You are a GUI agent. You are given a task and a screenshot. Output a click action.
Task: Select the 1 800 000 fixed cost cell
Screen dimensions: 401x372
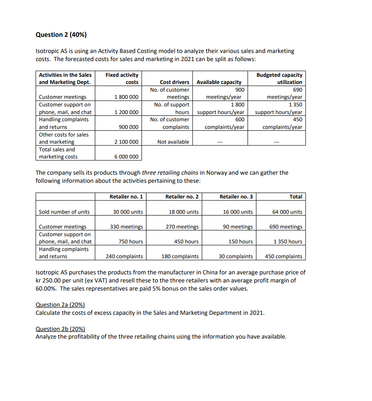click(x=126, y=97)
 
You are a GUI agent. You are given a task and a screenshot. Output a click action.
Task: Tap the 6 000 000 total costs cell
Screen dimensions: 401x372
click(x=126, y=157)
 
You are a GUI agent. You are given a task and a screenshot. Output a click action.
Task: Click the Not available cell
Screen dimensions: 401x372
click(x=173, y=142)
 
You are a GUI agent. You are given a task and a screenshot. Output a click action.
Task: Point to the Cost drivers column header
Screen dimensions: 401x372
click(x=174, y=82)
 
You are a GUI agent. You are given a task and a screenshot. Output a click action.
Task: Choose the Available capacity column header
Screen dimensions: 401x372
click(x=219, y=82)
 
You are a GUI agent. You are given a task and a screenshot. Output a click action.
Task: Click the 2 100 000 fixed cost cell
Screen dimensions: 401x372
click(x=126, y=142)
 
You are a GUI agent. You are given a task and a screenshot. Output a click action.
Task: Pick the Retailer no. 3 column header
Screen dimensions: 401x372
click(x=236, y=197)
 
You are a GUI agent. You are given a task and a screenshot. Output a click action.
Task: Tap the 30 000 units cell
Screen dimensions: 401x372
click(x=128, y=212)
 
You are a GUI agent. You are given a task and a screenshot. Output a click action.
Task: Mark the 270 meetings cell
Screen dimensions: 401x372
click(x=182, y=227)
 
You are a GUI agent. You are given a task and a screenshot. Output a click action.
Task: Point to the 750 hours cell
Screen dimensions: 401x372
click(x=130, y=242)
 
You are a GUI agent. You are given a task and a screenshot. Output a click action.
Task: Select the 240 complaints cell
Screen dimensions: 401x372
click(x=124, y=257)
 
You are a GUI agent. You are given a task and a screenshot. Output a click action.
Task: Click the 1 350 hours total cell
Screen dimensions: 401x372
click(x=288, y=242)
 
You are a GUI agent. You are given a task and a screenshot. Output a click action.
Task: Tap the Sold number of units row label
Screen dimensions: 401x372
click(x=64, y=212)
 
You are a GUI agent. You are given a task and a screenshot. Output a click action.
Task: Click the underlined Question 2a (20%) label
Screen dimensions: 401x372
click(x=60, y=305)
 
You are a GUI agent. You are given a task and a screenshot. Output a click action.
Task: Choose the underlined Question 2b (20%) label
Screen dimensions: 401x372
click(x=60, y=329)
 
